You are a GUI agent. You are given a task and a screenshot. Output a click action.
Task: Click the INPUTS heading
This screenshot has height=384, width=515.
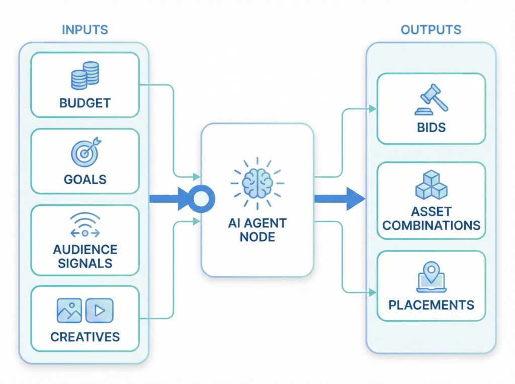(x=84, y=30)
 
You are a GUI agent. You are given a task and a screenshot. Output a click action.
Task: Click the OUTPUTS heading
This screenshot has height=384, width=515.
(x=431, y=30)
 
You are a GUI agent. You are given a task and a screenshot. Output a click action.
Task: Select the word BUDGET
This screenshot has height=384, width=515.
(x=85, y=103)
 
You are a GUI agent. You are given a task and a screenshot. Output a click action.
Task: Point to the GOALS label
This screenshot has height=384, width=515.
(x=85, y=179)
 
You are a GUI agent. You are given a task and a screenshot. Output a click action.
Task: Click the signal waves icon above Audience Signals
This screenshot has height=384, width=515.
(x=85, y=224)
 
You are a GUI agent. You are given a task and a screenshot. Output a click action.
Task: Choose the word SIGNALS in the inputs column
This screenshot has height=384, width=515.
(x=85, y=263)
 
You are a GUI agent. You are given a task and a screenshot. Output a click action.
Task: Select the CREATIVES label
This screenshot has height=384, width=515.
(x=85, y=337)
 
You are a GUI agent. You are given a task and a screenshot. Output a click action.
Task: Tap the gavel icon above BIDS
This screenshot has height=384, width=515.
(x=431, y=100)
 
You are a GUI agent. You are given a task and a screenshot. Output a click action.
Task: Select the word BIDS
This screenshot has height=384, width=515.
(x=431, y=127)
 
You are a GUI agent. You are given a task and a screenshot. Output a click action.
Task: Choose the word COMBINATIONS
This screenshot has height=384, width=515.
(x=431, y=225)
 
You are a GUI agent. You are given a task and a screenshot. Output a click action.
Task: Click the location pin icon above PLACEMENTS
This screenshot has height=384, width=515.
(x=431, y=275)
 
